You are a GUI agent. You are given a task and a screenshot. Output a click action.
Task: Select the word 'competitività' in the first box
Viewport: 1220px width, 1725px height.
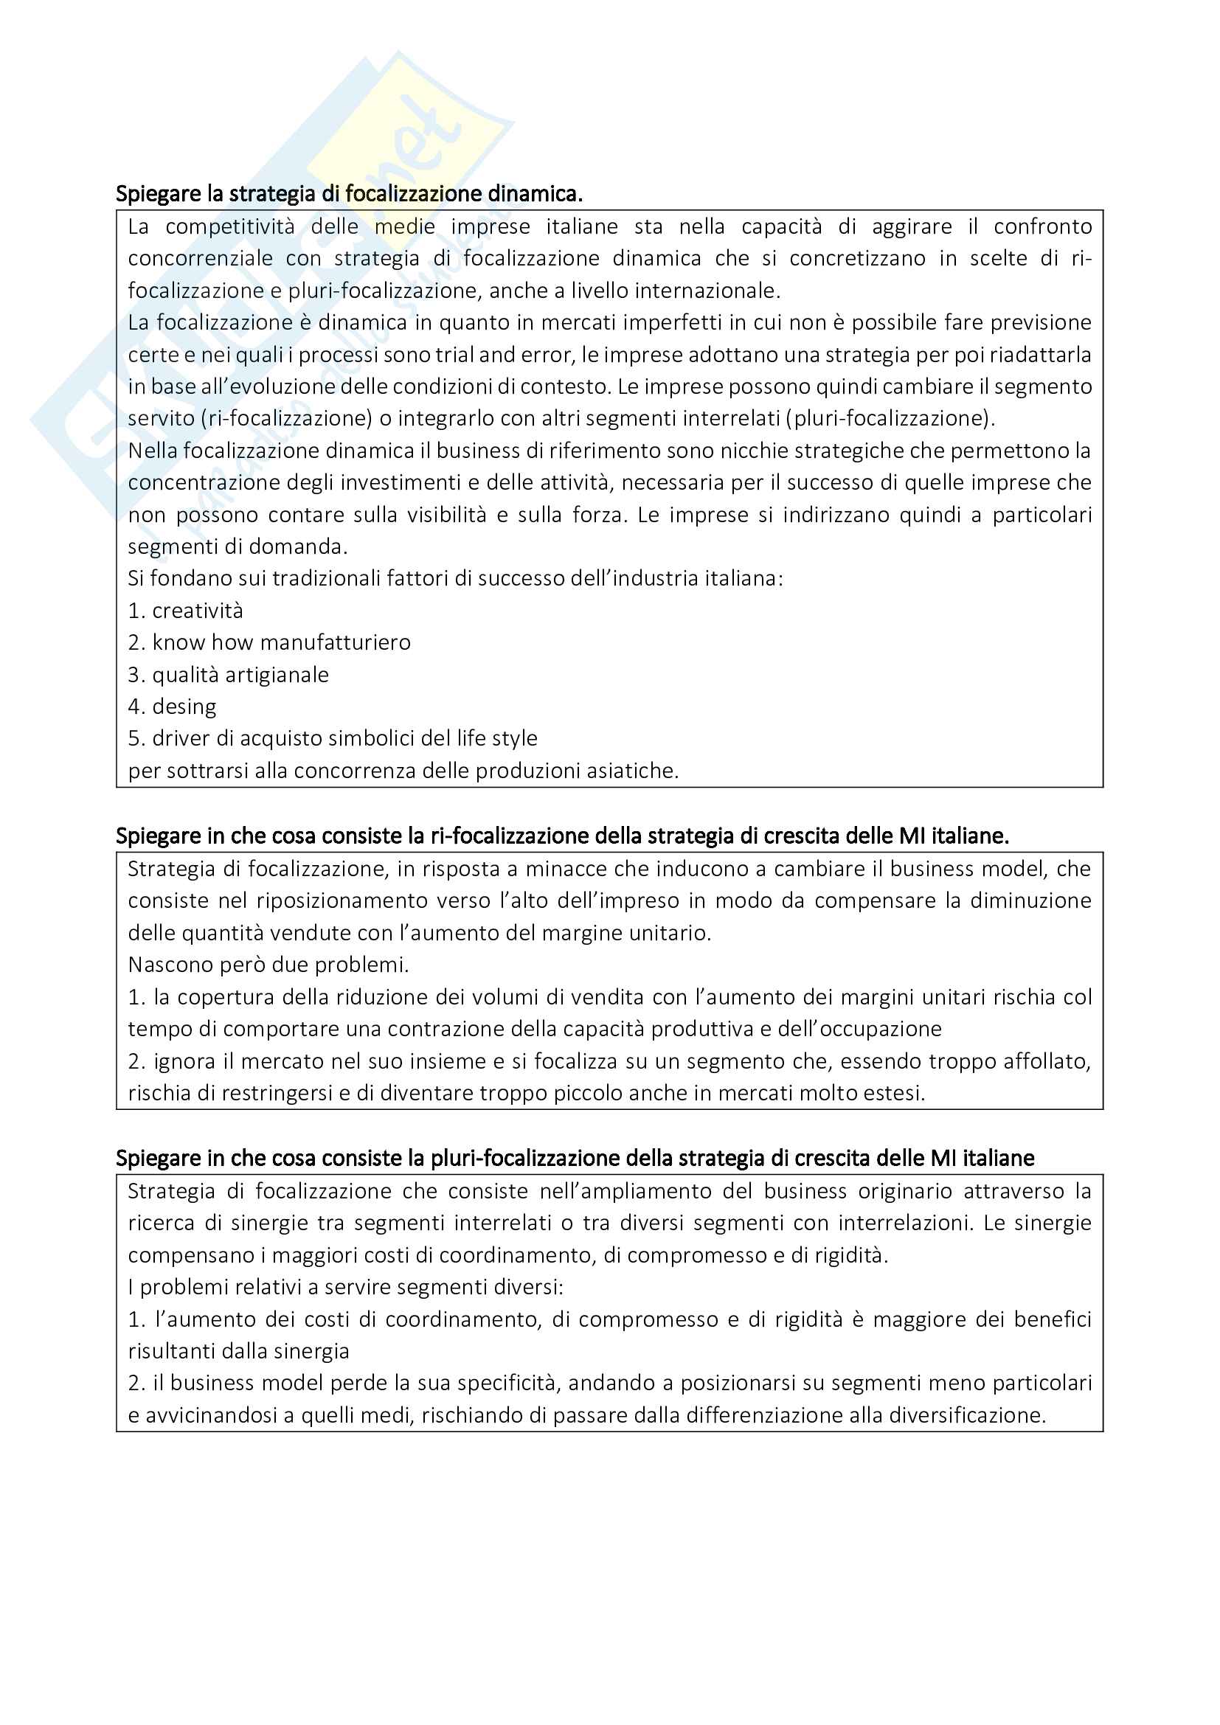[230, 227]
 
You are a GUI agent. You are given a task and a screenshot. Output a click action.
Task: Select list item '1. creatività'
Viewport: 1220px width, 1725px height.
[186, 611]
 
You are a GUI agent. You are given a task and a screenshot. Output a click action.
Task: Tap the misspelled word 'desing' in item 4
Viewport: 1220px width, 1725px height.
[184, 707]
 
